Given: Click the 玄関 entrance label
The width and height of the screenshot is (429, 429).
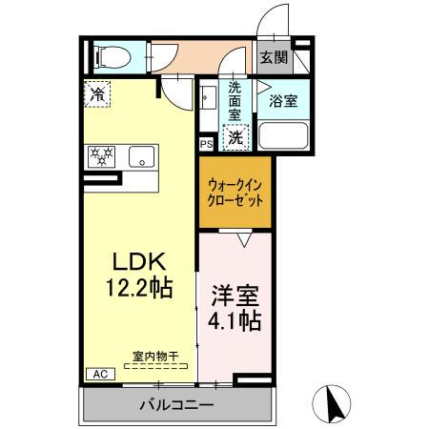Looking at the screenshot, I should tap(276, 57).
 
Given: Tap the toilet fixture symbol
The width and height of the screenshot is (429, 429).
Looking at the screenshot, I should tap(106, 56).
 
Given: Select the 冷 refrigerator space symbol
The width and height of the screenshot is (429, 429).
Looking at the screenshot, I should tap(97, 93).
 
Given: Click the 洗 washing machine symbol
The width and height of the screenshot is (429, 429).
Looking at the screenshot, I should tap(235, 137).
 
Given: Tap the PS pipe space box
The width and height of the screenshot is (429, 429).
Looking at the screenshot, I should tap(206, 144).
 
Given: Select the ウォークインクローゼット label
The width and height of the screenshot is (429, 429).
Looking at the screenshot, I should tap(235, 194).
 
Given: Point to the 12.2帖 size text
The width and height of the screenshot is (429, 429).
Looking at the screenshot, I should tap(141, 286).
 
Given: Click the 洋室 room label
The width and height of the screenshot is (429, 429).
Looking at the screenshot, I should tap(235, 295).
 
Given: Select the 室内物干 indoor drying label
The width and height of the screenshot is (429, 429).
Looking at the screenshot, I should tap(153, 357).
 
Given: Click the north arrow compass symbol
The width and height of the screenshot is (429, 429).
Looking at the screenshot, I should tap(334, 403).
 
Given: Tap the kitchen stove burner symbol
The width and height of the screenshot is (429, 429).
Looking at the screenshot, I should tap(101, 156).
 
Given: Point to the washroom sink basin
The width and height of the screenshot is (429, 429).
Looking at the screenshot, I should tap(208, 97).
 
